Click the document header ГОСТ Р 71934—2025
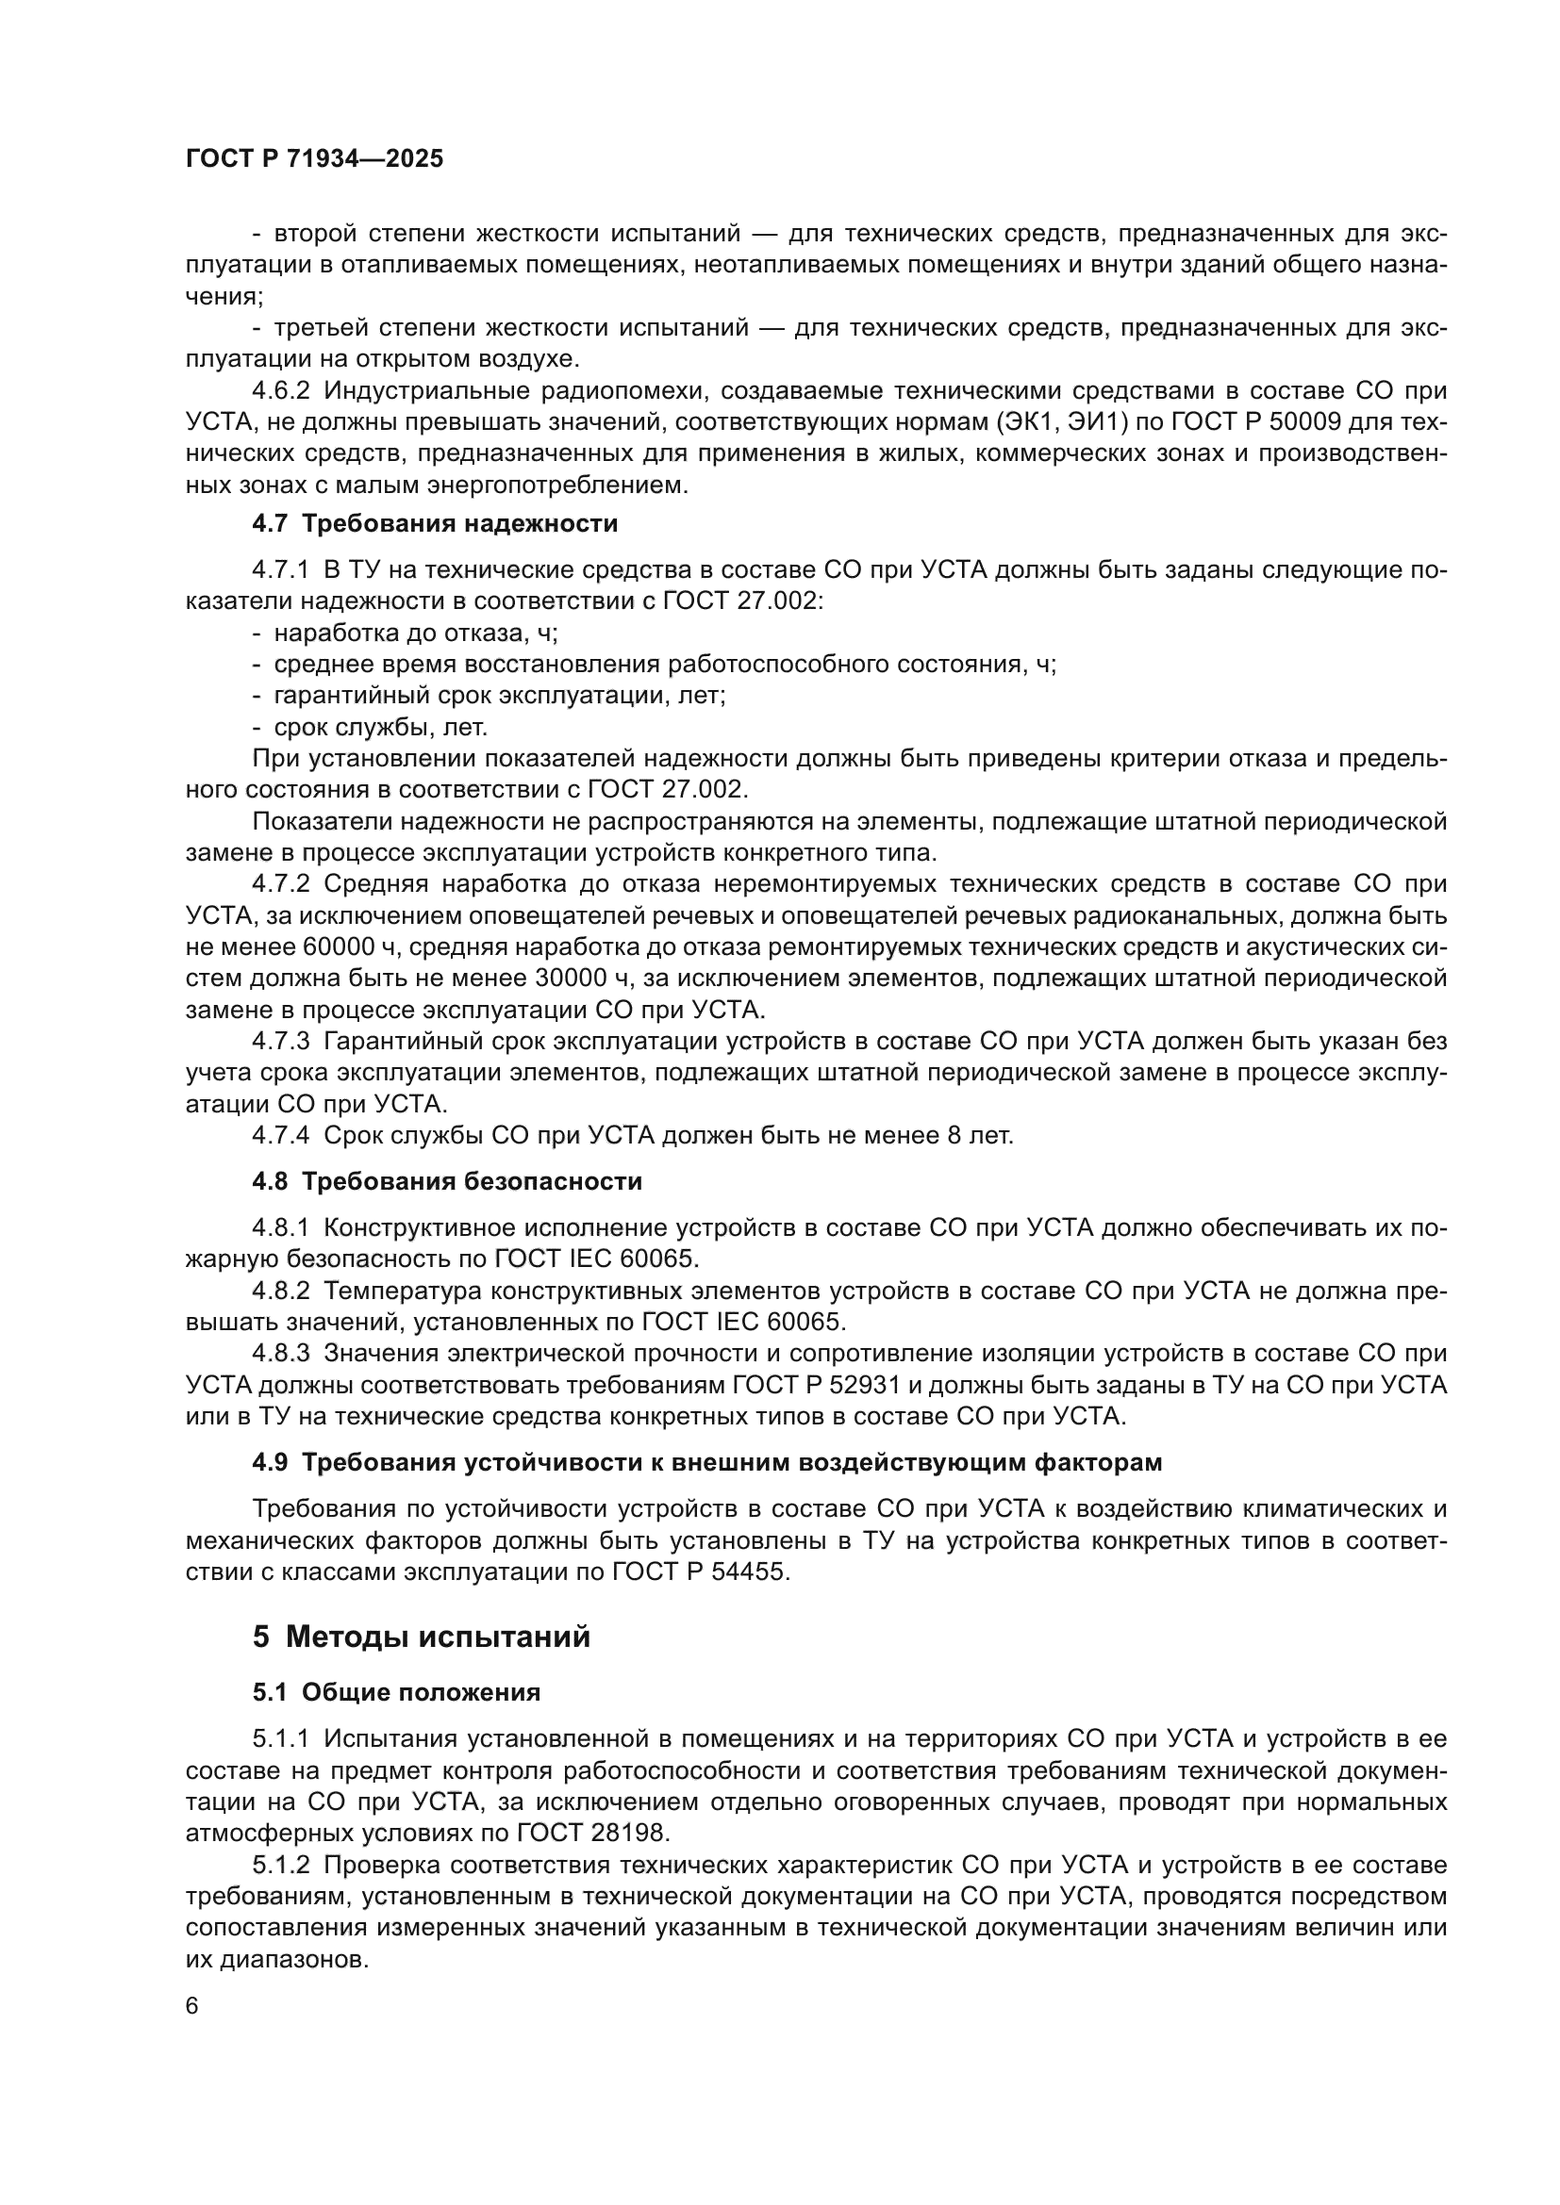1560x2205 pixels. click(314, 159)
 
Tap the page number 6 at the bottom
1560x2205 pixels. click(192, 2006)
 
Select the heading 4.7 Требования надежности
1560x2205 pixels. click(434, 523)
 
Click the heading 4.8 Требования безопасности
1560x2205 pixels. click(447, 1181)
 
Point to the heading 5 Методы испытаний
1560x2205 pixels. click(421, 1637)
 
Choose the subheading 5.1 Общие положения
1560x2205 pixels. click(396, 1692)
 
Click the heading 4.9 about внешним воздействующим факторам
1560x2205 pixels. click(706, 1463)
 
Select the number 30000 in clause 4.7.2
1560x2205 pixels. click(577, 979)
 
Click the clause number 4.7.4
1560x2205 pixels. click(280, 1135)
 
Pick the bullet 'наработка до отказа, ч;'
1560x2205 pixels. click(415, 633)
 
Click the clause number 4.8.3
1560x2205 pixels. click(280, 1353)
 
